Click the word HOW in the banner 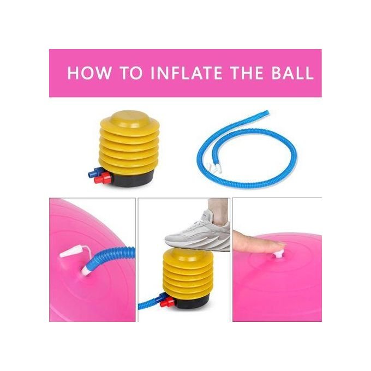point(89,73)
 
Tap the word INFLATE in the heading point(187,73)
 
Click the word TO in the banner point(131,73)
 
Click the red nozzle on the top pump point(103,178)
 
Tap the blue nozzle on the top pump point(95,172)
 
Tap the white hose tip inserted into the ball point(86,271)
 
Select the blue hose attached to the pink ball point(112,258)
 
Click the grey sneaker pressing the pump point(198,232)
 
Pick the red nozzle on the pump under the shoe point(167,302)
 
